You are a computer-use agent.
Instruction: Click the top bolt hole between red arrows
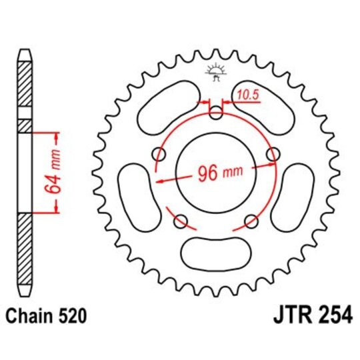pyautogui.click(x=216, y=113)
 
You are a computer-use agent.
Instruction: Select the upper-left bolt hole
pyautogui.click(x=159, y=155)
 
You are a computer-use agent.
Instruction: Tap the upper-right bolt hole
pyautogui.click(x=272, y=155)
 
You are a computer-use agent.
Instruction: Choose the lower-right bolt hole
pyautogui.click(x=251, y=221)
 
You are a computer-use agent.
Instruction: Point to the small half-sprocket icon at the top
pyautogui.click(x=215, y=71)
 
